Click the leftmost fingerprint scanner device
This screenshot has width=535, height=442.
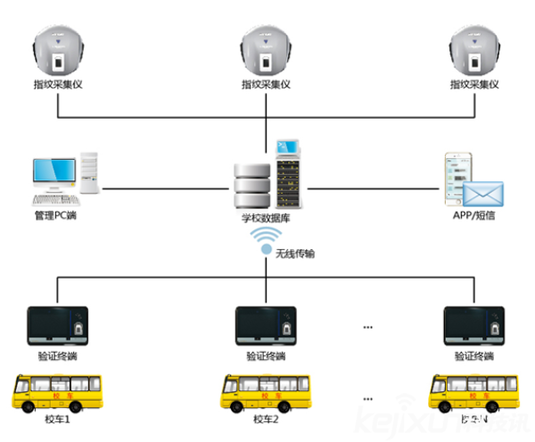(58, 53)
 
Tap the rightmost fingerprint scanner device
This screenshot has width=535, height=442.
(474, 53)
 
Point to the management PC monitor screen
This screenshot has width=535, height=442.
(53, 172)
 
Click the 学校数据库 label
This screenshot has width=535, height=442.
(265, 216)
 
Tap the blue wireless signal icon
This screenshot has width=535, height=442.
(265, 241)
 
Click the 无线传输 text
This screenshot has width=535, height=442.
(295, 254)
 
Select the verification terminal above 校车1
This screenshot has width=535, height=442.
(58, 327)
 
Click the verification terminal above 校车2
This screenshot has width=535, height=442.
(266, 327)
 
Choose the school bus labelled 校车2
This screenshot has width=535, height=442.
(266, 393)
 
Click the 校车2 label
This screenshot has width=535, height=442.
(266, 420)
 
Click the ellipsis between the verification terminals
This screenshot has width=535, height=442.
(368, 328)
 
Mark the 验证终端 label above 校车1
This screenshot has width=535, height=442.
(58, 356)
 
